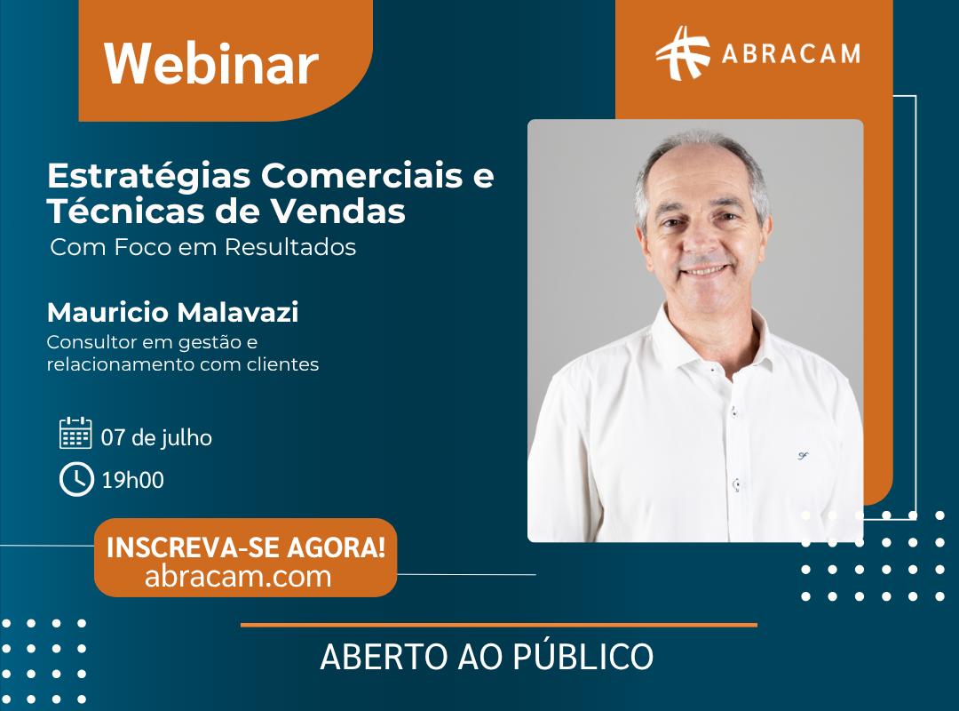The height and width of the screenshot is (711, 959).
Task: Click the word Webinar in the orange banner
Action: [211, 64]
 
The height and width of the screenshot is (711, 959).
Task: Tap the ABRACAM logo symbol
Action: [683, 53]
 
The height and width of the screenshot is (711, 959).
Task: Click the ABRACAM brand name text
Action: [791, 54]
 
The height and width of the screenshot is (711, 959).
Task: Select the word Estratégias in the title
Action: [149, 177]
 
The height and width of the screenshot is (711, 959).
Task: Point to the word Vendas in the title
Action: [338, 212]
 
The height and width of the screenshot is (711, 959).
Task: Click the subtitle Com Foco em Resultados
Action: [203, 247]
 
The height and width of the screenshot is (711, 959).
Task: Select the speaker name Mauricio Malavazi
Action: [173, 312]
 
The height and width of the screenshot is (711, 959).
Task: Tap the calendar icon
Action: [75, 433]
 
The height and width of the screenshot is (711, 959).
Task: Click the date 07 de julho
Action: [156, 438]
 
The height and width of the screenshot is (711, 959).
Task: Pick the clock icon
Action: [76, 479]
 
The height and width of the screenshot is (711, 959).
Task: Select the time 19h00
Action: [132, 480]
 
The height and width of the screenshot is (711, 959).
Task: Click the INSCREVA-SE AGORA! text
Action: [246, 547]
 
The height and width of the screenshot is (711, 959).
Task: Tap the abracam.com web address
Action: [238, 576]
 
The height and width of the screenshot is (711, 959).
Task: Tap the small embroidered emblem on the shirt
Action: [803, 456]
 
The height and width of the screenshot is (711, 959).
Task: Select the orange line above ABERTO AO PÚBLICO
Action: [499, 626]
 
